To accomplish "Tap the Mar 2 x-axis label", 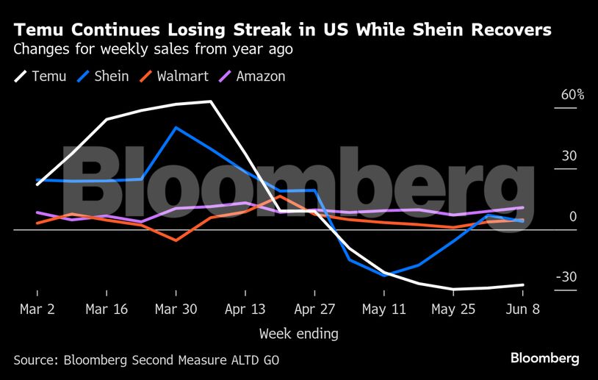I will (x=37, y=309).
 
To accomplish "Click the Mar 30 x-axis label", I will (x=176, y=309).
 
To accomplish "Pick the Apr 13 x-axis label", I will (x=245, y=309).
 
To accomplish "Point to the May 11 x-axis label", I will (x=383, y=309).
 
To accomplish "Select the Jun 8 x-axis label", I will (x=522, y=309).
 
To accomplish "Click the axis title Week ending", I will (x=298, y=334).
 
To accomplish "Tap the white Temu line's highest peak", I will (x=211, y=101).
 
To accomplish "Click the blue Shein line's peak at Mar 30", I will (x=176, y=127).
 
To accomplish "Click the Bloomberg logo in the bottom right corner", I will (x=544, y=359).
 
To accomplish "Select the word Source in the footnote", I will (x=35, y=360).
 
